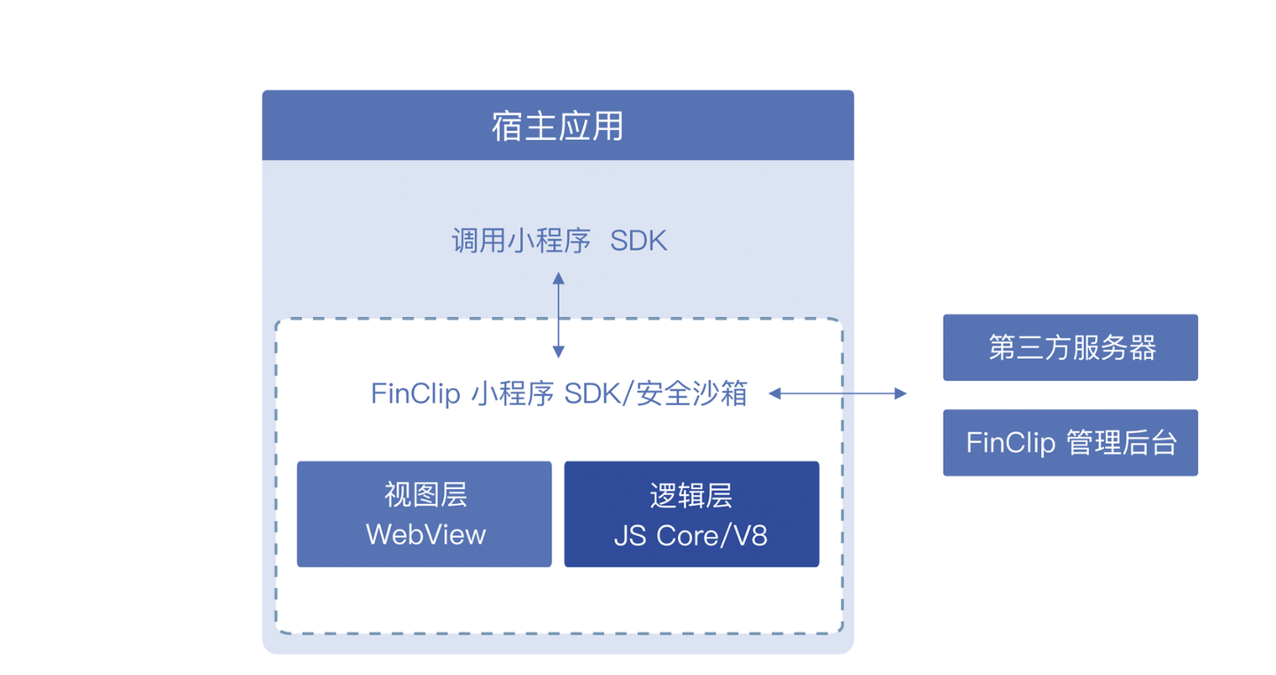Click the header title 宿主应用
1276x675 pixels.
point(557,126)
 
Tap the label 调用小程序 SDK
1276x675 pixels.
point(559,240)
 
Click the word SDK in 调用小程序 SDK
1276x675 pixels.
point(639,241)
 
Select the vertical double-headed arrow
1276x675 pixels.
point(559,315)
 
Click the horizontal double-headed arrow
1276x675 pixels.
point(837,393)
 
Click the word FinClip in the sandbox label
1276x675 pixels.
point(416,394)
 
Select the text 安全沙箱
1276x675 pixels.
point(691,393)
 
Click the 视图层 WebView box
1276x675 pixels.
point(424,514)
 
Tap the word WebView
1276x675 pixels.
point(425,535)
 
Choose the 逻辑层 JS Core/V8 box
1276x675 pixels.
point(691,514)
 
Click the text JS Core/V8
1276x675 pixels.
point(691,536)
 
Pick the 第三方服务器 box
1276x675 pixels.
point(1070,347)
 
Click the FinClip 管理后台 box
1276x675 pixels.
point(1070,443)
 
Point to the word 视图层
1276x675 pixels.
point(426,494)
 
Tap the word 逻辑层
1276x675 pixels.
point(691,495)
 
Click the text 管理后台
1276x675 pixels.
point(1121,443)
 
